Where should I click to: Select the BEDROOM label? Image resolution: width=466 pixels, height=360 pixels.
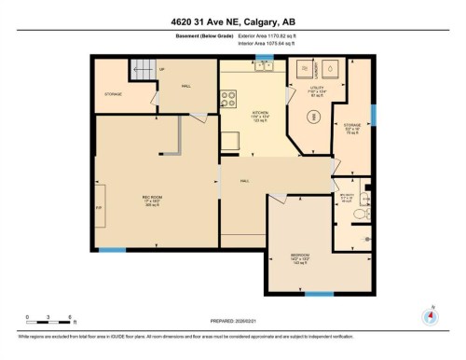point(299,256)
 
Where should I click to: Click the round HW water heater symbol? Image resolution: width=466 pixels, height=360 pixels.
point(314,117)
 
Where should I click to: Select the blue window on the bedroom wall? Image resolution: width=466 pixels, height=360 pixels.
point(319,295)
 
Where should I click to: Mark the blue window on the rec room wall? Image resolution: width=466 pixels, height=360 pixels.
point(112,249)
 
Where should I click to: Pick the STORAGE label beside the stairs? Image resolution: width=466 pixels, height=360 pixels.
point(115,94)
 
